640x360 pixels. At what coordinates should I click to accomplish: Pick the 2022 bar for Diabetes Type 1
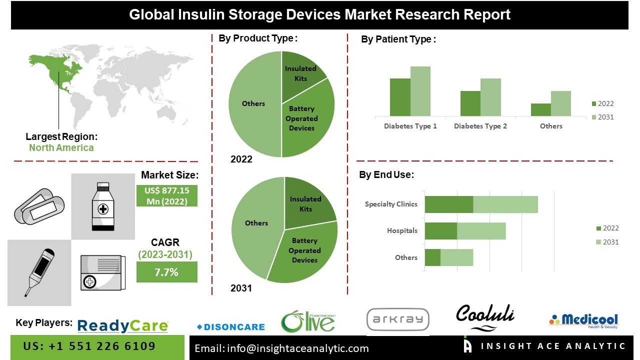400,97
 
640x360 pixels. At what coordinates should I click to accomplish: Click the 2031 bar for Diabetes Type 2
490,97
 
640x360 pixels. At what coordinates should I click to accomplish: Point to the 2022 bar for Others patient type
541,109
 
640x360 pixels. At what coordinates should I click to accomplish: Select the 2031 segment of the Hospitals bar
481,231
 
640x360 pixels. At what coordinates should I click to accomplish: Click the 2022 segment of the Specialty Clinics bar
448,204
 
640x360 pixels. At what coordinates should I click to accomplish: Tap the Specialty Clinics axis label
391,204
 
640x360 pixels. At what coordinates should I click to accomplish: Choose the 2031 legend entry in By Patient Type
602,117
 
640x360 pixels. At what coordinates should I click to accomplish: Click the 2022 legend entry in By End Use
607,228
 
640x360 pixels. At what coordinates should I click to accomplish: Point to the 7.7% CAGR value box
167,272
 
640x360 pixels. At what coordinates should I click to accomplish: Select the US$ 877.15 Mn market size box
167,195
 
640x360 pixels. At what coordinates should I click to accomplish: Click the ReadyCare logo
122,326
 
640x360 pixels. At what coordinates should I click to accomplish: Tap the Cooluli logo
484,316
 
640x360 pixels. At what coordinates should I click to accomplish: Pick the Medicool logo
583,320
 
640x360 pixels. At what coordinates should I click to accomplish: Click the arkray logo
397,319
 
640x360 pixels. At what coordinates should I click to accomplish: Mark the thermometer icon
39,272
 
